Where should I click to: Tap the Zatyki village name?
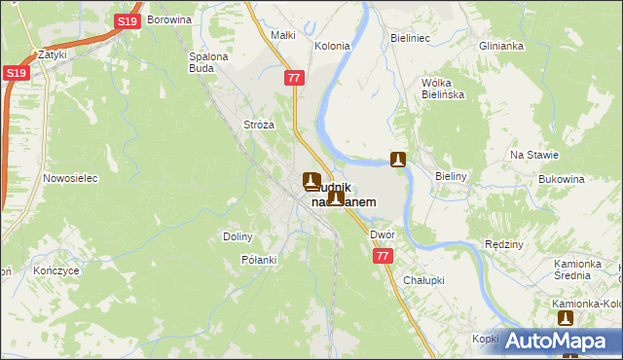tap(52, 55)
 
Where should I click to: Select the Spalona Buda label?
tap(207, 62)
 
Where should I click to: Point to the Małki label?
tap(283, 35)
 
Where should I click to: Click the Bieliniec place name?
tap(409, 46)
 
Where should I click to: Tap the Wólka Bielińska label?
tap(444, 89)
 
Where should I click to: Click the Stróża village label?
tap(259, 125)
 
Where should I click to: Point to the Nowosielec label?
tap(66, 178)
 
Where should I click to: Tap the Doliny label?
tap(238, 236)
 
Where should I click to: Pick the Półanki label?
tap(259, 260)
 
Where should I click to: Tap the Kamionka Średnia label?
tap(586, 270)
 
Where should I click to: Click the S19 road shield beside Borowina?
tap(125, 21)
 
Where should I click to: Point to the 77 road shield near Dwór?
tap(383, 256)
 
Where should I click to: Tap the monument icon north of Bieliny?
tap(397, 159)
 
